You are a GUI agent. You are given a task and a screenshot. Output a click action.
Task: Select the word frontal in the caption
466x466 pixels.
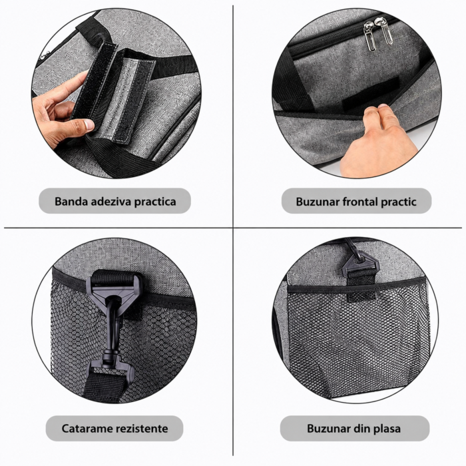point(360,202)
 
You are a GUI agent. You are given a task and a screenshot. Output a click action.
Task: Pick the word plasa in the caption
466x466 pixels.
point(386,429)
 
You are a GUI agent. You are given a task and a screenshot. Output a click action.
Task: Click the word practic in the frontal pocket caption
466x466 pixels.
point(399,202)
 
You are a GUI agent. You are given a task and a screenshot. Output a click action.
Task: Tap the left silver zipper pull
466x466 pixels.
point(369,36)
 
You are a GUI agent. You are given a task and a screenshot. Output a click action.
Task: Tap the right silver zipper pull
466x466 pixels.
point(384,31)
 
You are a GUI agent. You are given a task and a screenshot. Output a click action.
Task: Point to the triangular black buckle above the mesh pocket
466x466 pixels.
point(360,263)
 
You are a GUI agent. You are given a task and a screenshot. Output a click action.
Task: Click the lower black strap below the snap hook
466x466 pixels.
point(104,386)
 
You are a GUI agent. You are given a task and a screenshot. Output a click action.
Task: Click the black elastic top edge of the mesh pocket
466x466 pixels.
point(357,288)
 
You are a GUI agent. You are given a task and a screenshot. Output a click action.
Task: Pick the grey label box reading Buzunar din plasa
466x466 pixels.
point(355,428)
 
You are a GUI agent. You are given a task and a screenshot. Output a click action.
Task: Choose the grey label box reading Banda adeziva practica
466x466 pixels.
point(115,201)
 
